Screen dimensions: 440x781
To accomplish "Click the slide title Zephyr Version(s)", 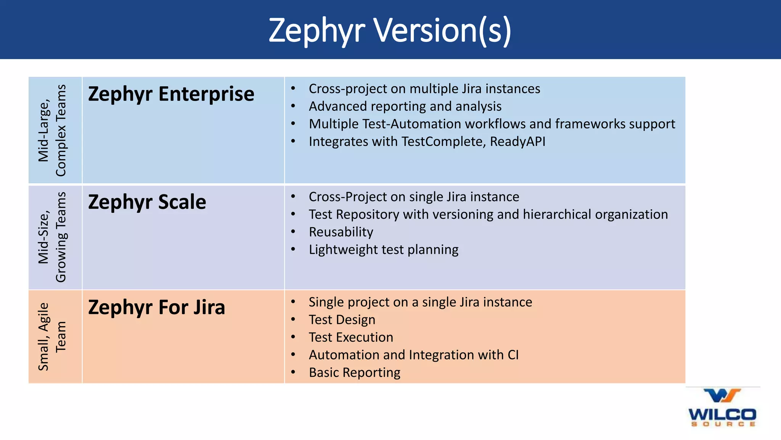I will (390, 31).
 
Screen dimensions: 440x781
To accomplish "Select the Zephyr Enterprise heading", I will (171, 94).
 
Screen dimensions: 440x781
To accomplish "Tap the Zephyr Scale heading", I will (147, 202).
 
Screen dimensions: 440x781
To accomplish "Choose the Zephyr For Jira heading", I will (156, 307).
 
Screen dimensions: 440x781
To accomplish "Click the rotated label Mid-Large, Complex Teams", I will (52, 130).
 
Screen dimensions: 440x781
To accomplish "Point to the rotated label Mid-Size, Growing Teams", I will (52, 237).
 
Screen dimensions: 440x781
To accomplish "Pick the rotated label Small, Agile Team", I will (52, 336).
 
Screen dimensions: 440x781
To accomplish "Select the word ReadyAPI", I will (517, 142).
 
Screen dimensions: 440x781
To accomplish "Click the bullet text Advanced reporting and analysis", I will (405, 107).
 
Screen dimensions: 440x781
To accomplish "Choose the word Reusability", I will (341, 232).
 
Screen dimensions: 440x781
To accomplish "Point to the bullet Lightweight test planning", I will (384, 250).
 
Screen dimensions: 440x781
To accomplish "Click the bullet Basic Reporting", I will (355, 373).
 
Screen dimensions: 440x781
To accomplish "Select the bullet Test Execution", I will (351, 338).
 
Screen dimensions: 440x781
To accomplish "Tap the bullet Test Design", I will (342, 320).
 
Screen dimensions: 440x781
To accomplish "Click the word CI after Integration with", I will (513, 355).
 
